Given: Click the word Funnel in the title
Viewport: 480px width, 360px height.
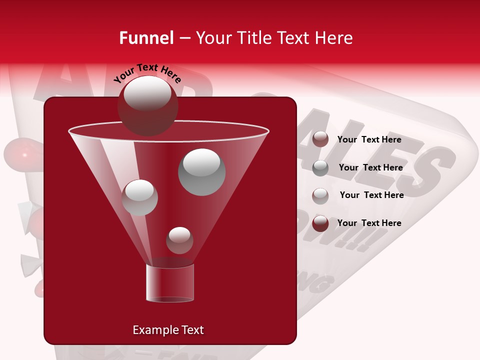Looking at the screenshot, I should click(x=146, y=38).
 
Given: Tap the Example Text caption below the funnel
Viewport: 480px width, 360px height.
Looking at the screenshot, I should click(x=168, y=330).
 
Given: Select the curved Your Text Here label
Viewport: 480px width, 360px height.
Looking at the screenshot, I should click(x=147, y=73).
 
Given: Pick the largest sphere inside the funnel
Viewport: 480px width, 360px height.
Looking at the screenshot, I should click(x=201, y=171).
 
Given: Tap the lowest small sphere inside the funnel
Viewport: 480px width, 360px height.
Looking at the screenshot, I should click(x=179, y=240).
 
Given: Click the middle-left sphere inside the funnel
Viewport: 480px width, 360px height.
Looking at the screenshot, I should click(x=139, y=197).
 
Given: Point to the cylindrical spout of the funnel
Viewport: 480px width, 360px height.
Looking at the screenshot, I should click(x=170, y=283).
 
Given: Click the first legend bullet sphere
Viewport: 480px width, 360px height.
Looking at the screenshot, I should click(x=320, y=139).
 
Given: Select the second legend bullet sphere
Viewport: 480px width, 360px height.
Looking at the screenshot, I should click(x=320, y=167).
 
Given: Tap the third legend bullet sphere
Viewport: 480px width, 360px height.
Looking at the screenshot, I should click(x=320, y=195).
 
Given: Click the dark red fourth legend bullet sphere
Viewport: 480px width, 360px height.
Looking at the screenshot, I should click(x=320, y=223).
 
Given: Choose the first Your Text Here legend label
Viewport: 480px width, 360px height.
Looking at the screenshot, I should click(x=369, y=139).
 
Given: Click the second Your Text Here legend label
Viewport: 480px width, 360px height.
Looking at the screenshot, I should click(x=370, y=167).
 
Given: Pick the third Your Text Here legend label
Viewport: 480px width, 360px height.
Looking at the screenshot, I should click(x=371, y=195).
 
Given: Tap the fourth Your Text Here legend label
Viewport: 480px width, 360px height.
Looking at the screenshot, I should click(x=369, y=223).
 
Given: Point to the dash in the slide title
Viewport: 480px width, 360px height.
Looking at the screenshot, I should click(x=184, y=38).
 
